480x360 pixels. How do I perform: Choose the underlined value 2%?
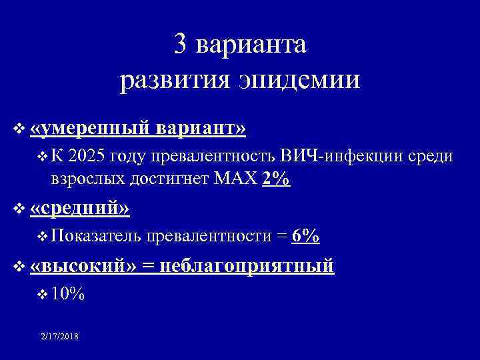pyautogui.click(x=277, y=179)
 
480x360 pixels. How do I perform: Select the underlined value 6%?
pyautogui.click(x=306, y=236)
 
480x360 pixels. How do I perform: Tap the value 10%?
pyautogui.click(x=67, y=294)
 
